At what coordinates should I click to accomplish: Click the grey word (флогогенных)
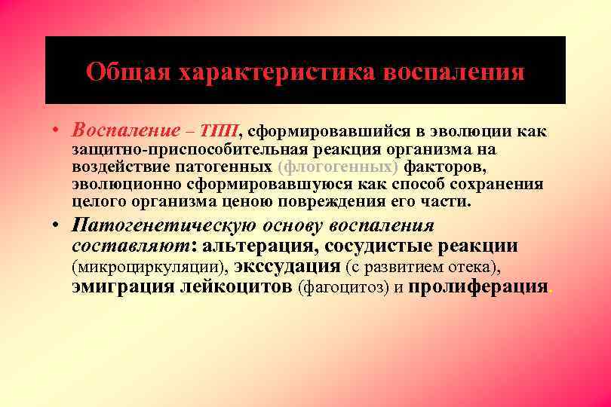coord(338,166)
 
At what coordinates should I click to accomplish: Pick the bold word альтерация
coord(260,246)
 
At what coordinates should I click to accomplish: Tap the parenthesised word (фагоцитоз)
coord(343,287)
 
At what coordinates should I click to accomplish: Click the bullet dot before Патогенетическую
coord(57,225)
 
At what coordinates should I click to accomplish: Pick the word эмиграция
coord(122,286)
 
